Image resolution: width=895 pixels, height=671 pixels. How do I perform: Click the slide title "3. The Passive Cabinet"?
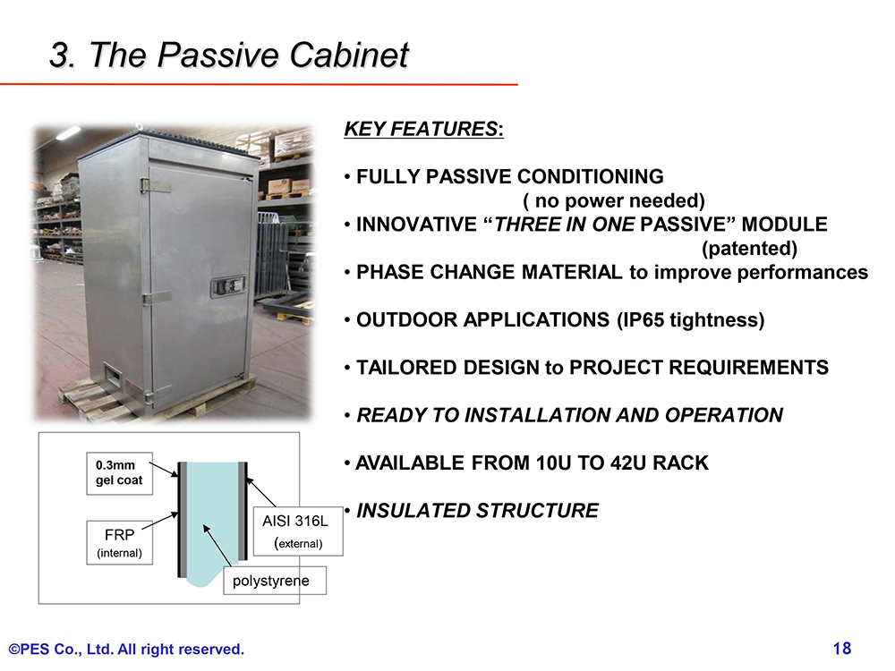[229, 55]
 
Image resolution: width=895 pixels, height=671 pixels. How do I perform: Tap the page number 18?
[842, 648]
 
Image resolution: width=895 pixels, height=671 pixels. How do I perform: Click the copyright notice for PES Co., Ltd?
[126, 649]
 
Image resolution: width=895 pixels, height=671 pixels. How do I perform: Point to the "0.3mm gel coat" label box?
[119, 473]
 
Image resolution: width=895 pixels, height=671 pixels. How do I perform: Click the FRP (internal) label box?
[119, 542]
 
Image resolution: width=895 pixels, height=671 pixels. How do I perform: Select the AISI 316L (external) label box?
[297, 531]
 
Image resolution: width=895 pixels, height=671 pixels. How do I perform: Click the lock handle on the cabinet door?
[227, 286]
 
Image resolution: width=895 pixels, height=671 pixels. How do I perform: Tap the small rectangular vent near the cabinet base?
[114, 376]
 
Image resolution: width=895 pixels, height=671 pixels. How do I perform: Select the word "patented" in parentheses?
[749, 248]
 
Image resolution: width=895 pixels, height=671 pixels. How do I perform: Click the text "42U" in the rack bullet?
[628, 463]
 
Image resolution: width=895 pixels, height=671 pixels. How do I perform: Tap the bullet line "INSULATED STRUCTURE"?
[477, 510]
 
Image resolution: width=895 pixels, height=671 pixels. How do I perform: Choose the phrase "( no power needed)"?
[614, 200]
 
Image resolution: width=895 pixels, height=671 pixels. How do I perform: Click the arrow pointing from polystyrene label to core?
[217, 546]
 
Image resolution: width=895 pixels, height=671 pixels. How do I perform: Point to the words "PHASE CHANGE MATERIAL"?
[489, 272]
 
